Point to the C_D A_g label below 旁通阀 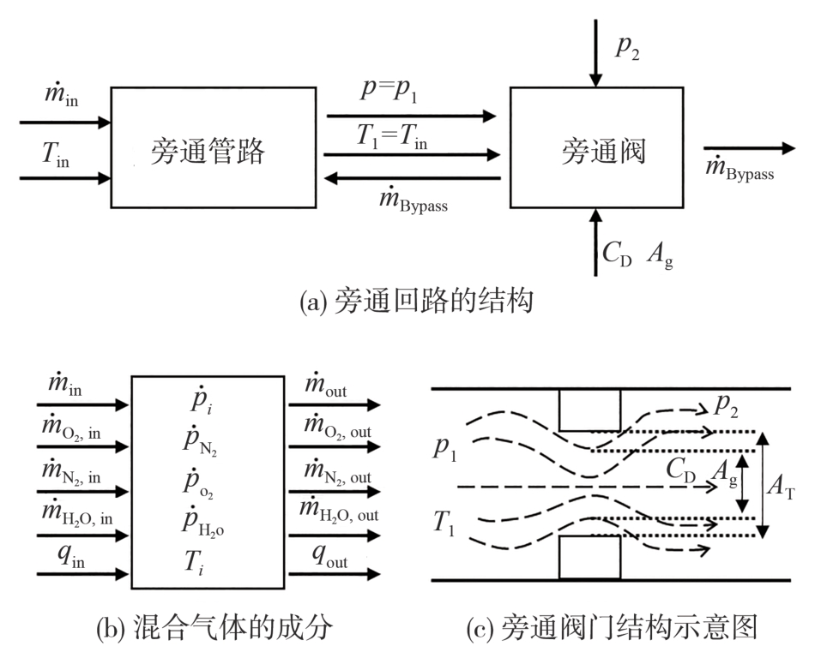click(x=637, y=254)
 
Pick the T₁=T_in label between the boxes click(x=393, y=136)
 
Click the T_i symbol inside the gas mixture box click(x=206, y=561)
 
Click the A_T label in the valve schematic click(x=784, y=487)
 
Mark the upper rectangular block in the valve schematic click(x=589, y=410)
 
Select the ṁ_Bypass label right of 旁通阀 click(x=739, y=170)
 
